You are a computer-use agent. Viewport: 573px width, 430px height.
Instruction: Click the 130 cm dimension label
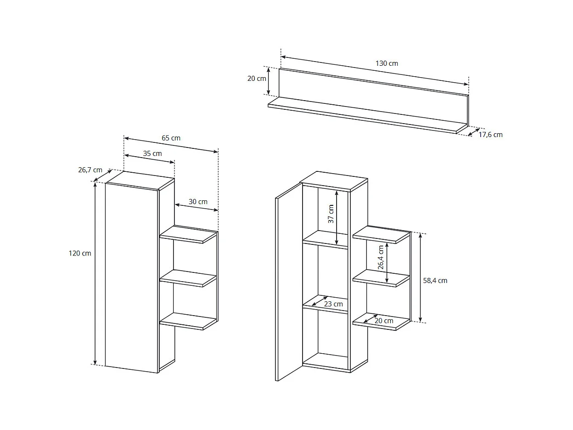(387, 63)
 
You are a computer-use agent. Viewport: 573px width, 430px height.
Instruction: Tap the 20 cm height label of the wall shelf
(257, 79)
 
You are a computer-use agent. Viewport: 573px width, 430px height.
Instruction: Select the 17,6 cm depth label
(490, 135)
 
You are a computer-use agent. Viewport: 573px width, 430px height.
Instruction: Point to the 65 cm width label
(171, 138)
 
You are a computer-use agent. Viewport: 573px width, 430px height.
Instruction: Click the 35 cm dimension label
(152, 153)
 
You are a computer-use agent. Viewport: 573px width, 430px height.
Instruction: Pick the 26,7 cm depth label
(90, 170)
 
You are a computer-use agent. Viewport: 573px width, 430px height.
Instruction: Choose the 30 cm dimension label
(198, 202)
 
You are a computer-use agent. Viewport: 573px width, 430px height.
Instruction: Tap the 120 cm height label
(80, 253)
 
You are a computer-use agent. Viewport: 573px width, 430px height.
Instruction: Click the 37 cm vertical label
(331, 214)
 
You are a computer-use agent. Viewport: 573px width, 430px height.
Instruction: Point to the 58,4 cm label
(435, 280)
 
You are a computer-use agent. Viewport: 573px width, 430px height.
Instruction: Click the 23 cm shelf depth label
(333, 304)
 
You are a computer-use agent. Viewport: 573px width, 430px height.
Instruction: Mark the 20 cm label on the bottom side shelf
(384, 321)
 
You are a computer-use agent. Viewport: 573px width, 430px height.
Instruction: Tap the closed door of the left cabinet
(131, 276)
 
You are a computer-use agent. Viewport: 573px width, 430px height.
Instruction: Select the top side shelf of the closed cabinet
(188, 234)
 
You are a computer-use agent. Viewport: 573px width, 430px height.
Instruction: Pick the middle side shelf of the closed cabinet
(188, 278)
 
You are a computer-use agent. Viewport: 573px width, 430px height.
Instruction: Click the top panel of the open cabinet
(333, 181)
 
